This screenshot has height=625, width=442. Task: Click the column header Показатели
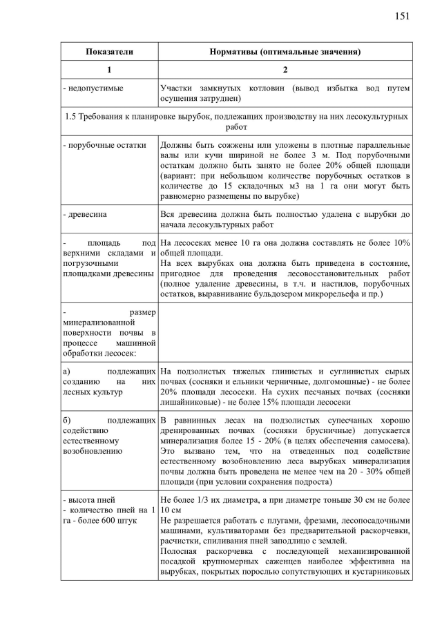coord(109,52)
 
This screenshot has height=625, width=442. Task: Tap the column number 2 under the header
coord(285,70)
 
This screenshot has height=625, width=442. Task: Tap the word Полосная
coord(180,552)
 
